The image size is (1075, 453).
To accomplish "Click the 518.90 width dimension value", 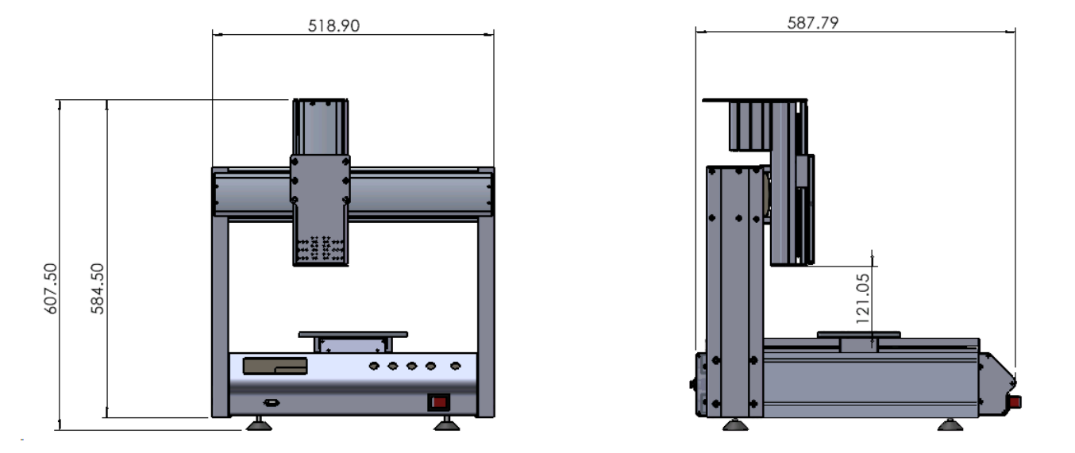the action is pos(333,25).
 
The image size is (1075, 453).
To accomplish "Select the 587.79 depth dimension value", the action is pos(813,23).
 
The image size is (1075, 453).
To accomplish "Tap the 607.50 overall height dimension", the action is pos(50,289).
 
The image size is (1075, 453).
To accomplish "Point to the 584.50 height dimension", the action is pos(97,289).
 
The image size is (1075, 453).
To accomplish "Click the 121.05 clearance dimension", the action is pos(862,298).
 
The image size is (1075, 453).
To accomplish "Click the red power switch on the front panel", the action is pos(438,402).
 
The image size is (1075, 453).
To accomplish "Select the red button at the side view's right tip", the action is pos(1015,401).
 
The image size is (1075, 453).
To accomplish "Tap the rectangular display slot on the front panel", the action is pos(275,366).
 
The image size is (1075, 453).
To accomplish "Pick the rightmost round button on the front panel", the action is pos(456,366).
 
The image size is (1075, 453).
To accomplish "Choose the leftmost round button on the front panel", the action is pos(374,366).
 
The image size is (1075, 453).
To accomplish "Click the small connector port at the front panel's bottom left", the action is pos(272,403).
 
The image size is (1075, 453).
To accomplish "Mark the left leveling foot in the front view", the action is pos(259,424).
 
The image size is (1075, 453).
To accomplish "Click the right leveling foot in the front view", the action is pos(447,424).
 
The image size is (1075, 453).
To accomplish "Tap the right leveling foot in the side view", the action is pos(950,424).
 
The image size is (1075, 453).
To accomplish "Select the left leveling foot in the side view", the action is pos(735,424).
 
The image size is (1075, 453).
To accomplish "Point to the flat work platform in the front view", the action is pos(353,334).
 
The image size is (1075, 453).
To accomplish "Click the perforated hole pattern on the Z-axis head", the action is pos(320,248).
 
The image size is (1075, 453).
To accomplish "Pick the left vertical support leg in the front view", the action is pos(220,317).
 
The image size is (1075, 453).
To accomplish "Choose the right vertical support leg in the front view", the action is pos(486,317).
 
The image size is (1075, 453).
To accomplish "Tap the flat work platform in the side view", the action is pos(858,334).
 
